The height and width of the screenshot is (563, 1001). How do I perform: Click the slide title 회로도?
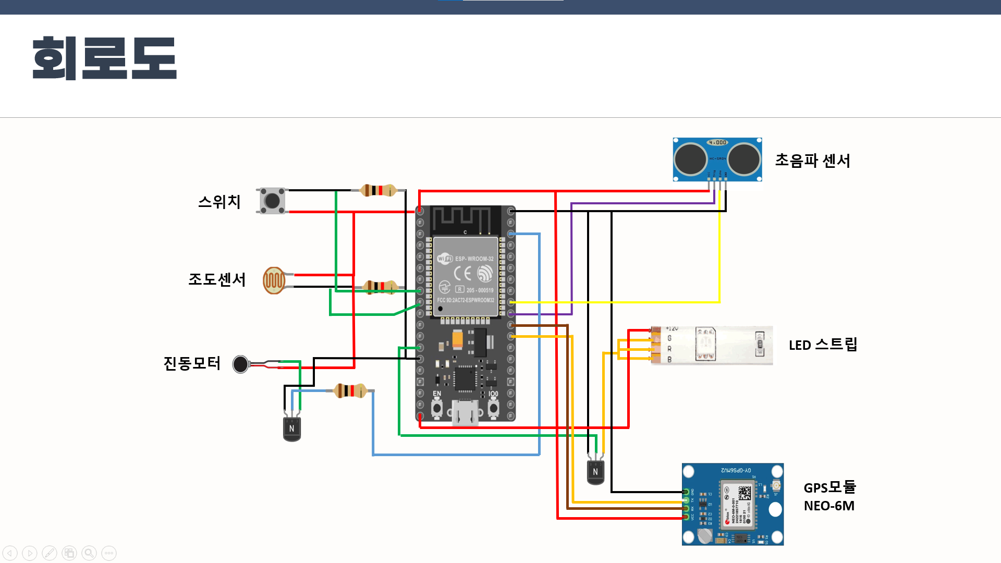[104, 58]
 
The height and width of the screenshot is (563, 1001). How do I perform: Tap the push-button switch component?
[272, 201]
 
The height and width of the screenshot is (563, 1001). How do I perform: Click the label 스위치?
[219, 202]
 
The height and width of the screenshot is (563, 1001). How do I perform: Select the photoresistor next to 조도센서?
[274, 280]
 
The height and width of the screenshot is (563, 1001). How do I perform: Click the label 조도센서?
[216, 279]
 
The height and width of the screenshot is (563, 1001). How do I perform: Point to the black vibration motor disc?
[240, 364]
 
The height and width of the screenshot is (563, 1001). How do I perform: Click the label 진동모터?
[192, 363]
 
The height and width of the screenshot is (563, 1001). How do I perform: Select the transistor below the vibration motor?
[292, 429]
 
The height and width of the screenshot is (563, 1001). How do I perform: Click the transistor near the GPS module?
[595, 472]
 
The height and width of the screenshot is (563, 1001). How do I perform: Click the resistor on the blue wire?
[350, 390]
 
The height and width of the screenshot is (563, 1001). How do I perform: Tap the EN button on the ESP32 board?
[437, 408]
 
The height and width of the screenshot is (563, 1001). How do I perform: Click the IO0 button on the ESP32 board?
[493, 408]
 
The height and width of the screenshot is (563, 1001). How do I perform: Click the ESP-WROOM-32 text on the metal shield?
[474, 259]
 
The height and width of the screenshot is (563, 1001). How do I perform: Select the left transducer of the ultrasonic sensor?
[690, 159]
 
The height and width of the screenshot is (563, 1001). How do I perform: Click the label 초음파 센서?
[812, 161]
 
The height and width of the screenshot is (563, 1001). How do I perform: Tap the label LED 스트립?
[823, 345]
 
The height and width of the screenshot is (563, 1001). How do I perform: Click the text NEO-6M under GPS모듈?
[829, 506]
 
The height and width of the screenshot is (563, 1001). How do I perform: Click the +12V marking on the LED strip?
[672, 329]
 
